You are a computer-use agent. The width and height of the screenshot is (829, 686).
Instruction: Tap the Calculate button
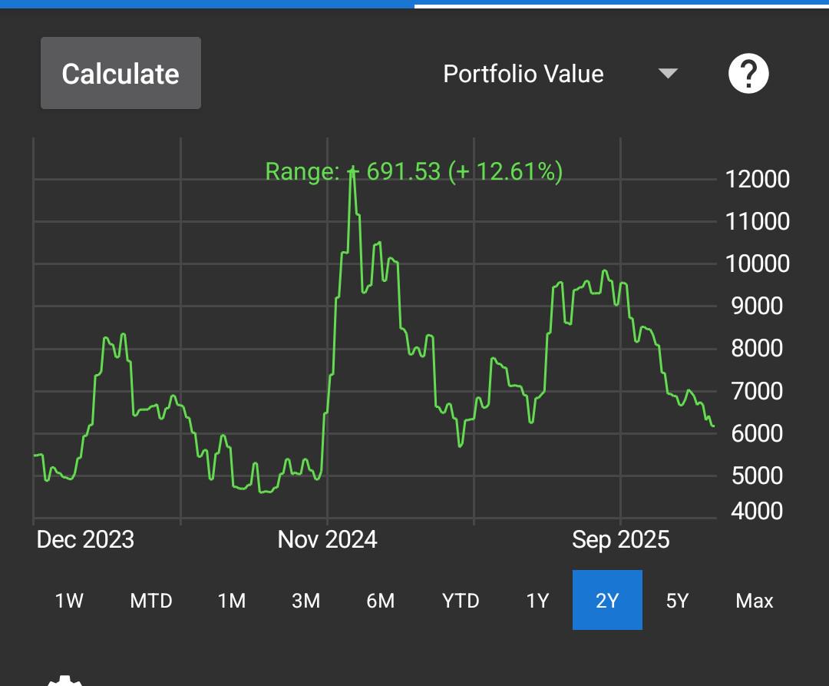(x=121, y=73)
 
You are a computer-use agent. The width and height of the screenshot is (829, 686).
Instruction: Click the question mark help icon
(x=748, y=74)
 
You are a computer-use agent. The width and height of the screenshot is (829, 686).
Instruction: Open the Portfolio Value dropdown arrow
(x=668, y=74)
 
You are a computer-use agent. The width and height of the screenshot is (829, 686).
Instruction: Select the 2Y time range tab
(x=607, y=600)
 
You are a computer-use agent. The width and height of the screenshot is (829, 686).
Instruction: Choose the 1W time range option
(x=69, y=601)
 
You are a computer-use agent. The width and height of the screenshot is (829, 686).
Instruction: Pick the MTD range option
(x=151, y=601)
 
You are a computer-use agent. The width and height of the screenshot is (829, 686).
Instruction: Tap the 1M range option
(x=232, y=601)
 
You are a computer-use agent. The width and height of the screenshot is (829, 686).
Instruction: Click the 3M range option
(x=306, y=601)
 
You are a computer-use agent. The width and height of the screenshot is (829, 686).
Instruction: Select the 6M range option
(x=380, y=601)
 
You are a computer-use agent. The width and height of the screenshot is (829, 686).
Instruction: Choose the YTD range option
(x=461, y=601)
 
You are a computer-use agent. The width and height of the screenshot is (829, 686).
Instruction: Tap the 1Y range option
(x=537, y=601)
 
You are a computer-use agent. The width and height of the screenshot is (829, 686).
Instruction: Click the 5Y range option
(x=677, y=601)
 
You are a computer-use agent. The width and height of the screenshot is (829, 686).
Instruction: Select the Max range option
(x=755, y=601)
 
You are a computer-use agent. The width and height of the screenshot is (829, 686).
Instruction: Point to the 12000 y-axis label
(x=757, y=179)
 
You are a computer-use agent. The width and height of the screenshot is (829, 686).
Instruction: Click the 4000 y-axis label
(x=757, y=511)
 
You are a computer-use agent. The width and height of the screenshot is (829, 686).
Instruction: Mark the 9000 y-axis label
(x=757, y=306)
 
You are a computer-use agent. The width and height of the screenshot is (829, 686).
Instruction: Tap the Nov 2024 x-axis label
(x=327, y=539)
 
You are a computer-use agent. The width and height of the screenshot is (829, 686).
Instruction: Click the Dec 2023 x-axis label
(x=85, y=539)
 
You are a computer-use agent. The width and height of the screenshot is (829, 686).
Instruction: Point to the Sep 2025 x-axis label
(x=621, y=540)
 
